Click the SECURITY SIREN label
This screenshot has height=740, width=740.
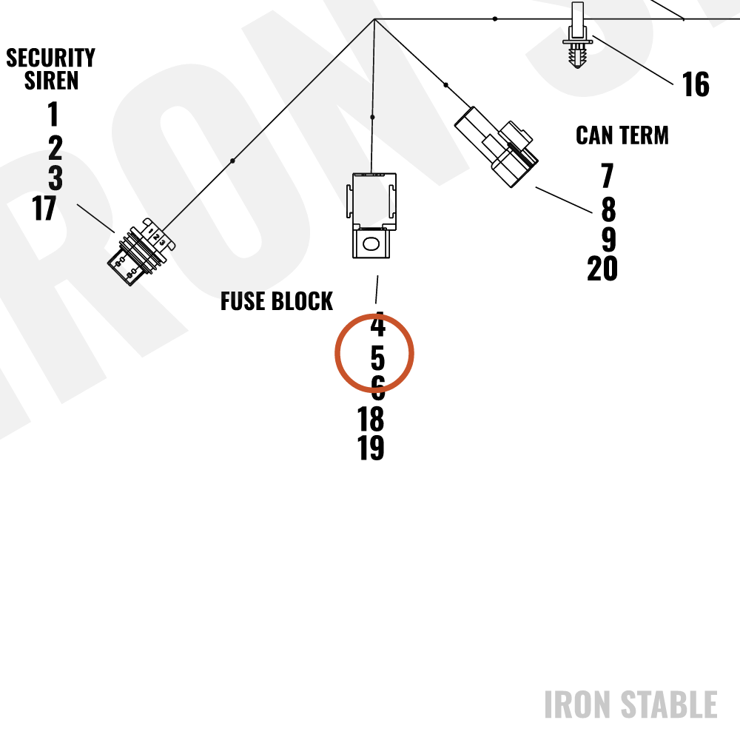(x=50, y=69)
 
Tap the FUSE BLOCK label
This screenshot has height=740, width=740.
(x=277, y=301)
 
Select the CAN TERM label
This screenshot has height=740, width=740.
(x=622, y=135)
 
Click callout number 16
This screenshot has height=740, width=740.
(x=696, y=85)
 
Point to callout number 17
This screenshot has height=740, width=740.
(x=44, y=208)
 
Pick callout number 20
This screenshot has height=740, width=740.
(x=602, y=269)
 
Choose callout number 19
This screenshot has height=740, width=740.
(x=371, y=448)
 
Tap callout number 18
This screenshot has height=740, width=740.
(x=371, y=419)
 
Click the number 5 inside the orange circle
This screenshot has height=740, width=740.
(x=377, y=359)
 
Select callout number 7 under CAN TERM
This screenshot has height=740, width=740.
(x=608, y=175)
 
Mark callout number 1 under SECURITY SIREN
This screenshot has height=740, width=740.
(x=53, y=114)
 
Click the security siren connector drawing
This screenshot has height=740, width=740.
(x=141, y=252)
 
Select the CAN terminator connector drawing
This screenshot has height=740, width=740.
(x=496, y=147)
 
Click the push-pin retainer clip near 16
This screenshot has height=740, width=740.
(x=578, y=36)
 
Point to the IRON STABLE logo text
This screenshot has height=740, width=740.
(x=631, y=704)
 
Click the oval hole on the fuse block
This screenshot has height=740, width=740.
(x=371, y=244)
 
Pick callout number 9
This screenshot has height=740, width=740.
(x=609, y=239)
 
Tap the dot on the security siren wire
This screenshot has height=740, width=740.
(x=232, y=161)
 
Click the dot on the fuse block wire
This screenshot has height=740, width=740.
(x=372, y=117)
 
